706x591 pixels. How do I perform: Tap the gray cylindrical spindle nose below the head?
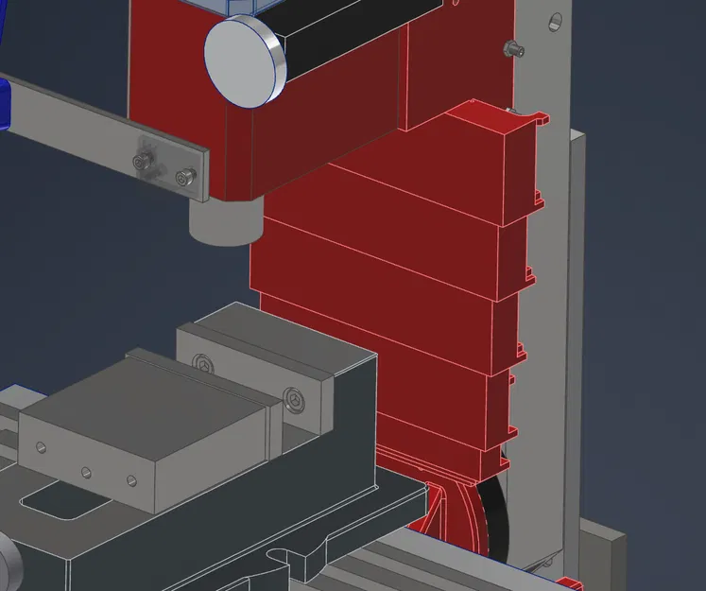[x=225, y=220]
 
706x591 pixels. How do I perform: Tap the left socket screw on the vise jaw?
[x=203, y=362]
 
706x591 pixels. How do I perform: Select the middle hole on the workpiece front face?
[x=86, y=470]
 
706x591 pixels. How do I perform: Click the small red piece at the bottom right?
[x=566, y=582]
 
